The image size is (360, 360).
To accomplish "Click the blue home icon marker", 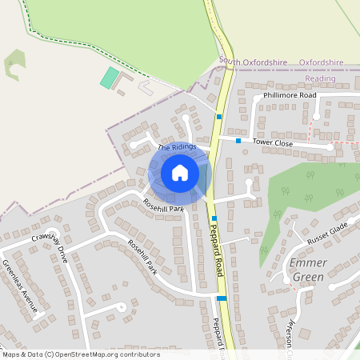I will click(180, 173).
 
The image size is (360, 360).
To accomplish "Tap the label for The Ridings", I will click(176, 146).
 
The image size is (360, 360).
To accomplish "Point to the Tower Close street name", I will click(273, 142).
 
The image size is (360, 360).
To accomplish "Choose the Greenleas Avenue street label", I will click(18, 285).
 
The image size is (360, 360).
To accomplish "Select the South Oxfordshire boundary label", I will click(252, 62).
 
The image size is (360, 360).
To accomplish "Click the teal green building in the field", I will click(109, 78).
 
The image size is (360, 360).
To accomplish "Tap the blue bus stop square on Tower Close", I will click(238, 141).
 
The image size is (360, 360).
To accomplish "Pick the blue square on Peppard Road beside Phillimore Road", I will click(218, 117).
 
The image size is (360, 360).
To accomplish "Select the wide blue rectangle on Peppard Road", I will click(222, 298).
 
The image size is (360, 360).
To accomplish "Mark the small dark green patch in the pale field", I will click(14, 66).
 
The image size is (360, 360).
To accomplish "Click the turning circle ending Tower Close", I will click(330, 148).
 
